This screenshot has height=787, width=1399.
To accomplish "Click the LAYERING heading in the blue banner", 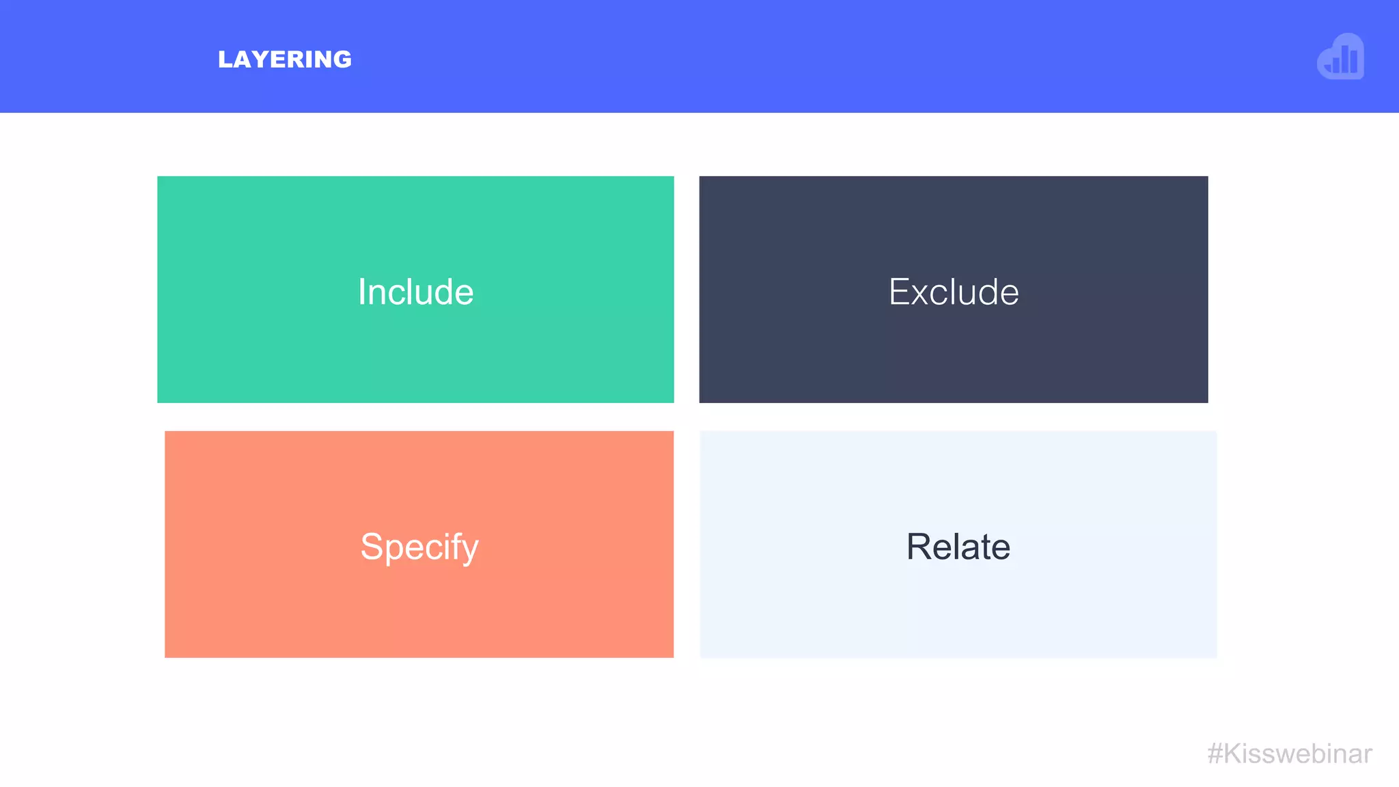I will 284,59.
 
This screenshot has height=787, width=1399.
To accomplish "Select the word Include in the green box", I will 415,292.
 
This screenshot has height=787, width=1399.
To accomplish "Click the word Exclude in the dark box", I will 954,292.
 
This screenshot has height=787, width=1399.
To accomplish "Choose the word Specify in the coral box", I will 419,547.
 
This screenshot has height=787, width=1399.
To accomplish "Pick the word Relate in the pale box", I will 958,547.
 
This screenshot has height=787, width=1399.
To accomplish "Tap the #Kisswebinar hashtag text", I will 1290,754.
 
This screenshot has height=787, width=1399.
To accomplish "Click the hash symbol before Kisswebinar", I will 1215,754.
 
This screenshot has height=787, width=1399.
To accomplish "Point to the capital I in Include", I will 361,292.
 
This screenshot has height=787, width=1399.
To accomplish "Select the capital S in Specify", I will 371,547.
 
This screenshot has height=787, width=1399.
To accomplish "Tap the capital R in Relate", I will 919,547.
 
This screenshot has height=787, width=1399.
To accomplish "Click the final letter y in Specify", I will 471,550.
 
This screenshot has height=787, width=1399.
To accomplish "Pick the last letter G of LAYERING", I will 343,59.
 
